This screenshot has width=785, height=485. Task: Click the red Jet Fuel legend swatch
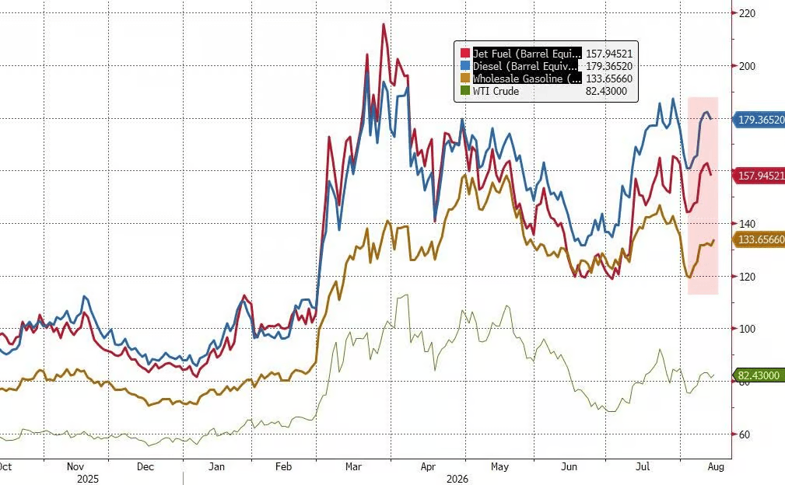tap(465, 54)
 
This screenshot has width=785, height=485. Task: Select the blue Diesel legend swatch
tap(465, 66)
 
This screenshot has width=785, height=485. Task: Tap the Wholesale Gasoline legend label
tap(527, 79)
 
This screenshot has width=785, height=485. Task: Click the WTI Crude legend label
tap(496, 91)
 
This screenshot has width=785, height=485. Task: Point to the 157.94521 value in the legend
tap(608, 54)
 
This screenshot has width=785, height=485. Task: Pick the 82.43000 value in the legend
tap(606, 91)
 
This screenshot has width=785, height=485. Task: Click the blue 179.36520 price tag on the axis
tap(759, 120)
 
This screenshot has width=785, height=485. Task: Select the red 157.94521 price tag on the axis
tap(759, 176)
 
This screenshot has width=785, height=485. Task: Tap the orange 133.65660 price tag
tap(759, 239)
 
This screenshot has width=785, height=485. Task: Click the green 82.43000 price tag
tap(758, 375)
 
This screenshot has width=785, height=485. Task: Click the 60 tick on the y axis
tap(745, 434)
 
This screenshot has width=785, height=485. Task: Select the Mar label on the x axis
tap(353, 466)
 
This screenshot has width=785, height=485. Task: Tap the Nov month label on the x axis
tap(75, 466)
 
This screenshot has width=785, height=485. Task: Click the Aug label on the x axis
tap(716, 466)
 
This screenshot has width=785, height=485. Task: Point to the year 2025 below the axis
tap(88, 479)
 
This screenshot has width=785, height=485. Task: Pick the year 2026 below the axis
tap(457, 479)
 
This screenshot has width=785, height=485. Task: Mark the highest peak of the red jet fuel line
tap(384, 24)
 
